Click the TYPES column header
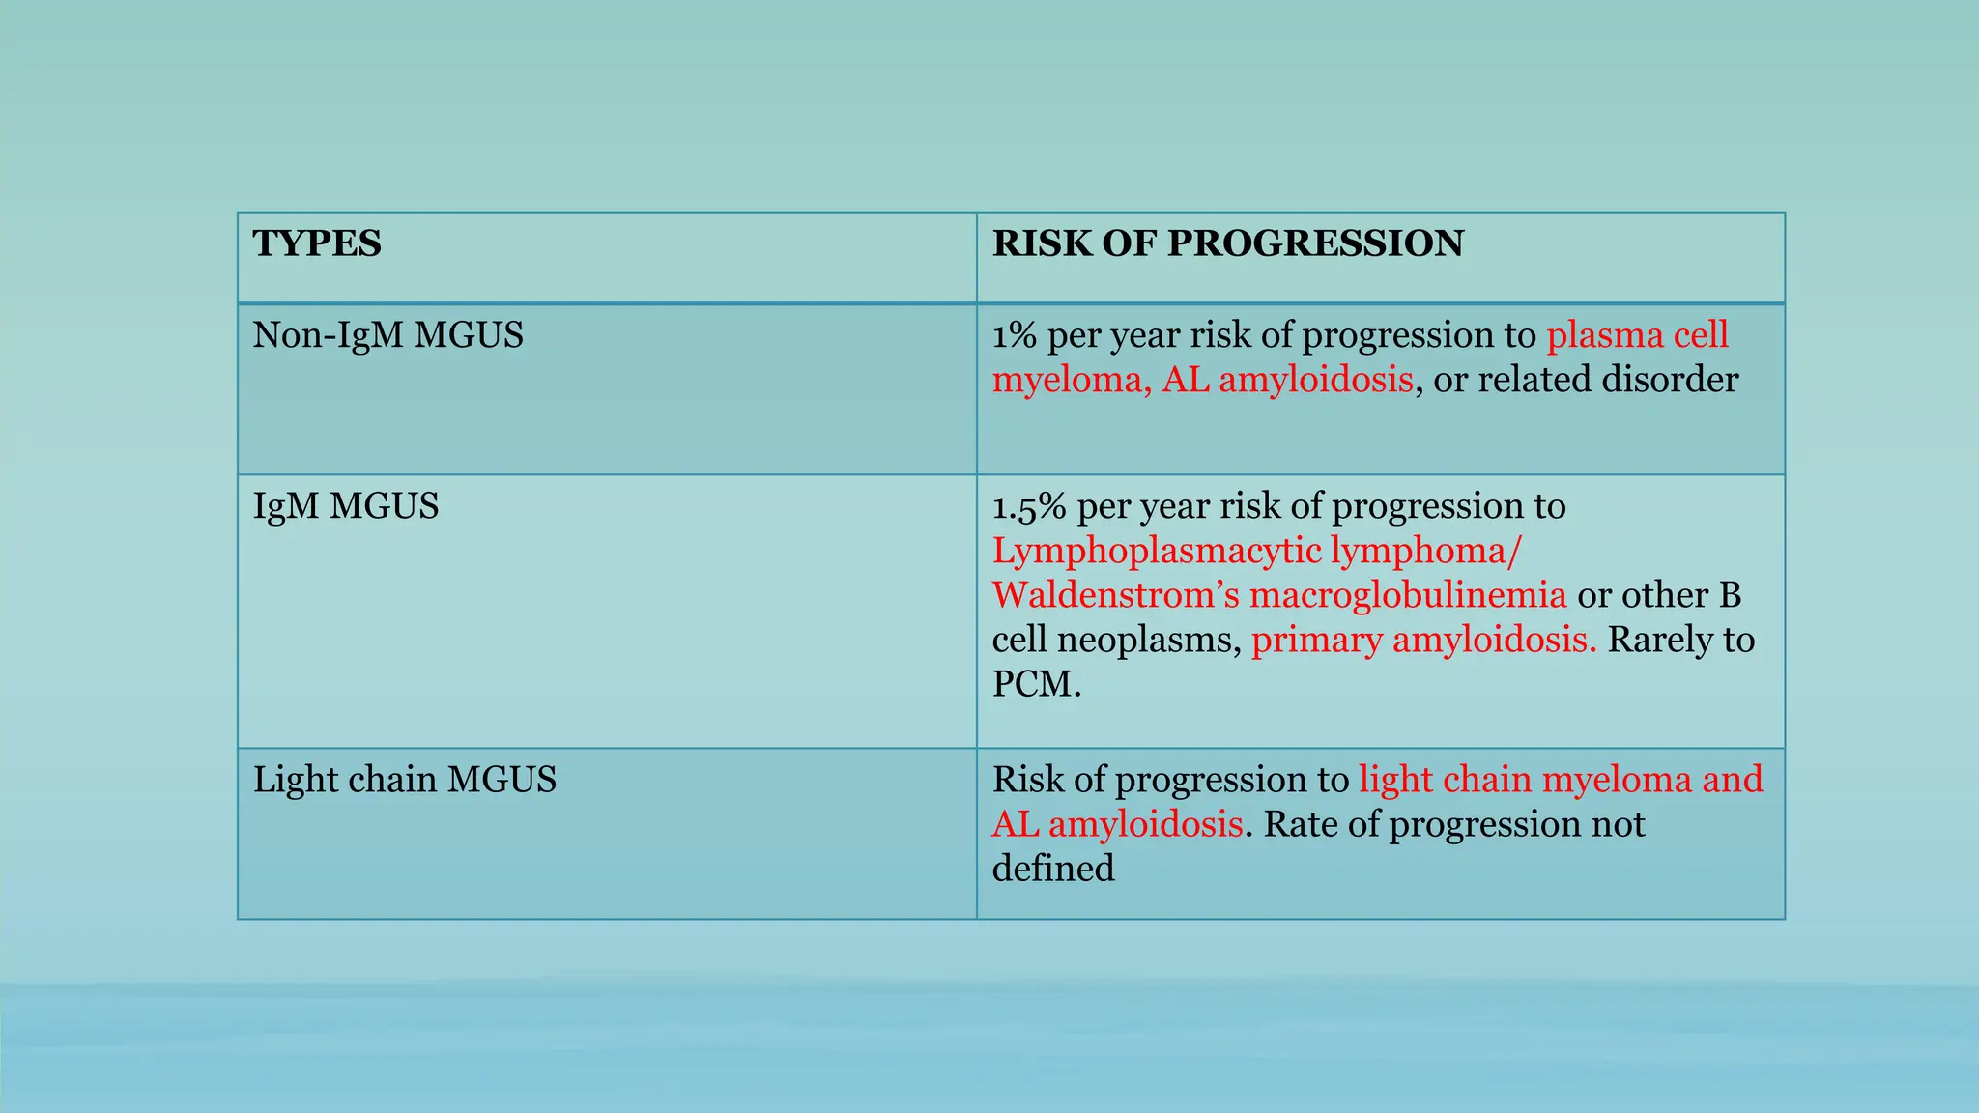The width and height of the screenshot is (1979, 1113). tap(317, 243)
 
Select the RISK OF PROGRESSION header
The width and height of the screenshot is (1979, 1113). tap(1227, 243)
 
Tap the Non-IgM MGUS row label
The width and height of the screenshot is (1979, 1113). tap(387, 335)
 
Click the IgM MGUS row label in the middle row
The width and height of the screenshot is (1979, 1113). tap(346, 506)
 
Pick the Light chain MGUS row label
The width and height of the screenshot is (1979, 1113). tap(405, 780)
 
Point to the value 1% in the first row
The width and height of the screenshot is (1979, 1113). tap(1015, 335)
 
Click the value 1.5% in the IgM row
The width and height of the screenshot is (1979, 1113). tap(1028, 506)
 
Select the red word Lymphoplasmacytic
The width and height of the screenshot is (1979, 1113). tap(1156, 551)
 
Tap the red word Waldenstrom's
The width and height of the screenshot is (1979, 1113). tap(1115, 595)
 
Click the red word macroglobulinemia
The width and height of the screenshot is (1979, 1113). tap(1408, 595)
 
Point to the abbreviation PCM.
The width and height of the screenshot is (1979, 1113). tap(1036, 684)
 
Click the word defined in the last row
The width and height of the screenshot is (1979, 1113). tap(1053, 869)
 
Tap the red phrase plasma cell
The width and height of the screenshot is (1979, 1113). tap(1637, 335)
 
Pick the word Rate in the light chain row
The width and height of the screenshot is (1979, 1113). tap(1295, 824)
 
